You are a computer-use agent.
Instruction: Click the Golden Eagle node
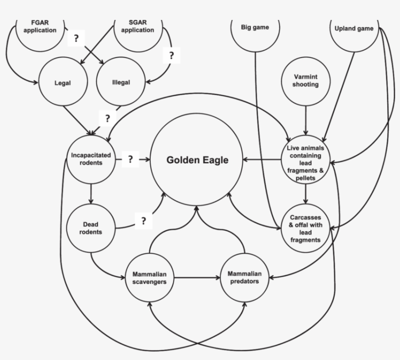pos(197,160)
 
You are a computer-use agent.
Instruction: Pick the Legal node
pos(62,82)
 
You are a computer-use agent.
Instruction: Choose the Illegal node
pos(120,82)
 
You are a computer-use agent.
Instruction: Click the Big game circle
pos(255,28)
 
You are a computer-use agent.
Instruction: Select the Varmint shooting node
pos(306,81)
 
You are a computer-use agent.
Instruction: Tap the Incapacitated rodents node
pos(91,159)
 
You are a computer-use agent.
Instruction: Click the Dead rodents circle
pos(91,228)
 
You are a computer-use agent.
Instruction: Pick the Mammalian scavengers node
pos(149,278)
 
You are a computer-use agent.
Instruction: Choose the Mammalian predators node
pos(244,278)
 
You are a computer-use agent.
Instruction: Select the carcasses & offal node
pos(306,228)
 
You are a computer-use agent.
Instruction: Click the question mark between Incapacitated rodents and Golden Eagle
pos(130,159)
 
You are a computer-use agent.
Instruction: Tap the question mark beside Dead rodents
pos(143,220)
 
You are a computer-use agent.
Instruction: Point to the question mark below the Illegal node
pos(107,118)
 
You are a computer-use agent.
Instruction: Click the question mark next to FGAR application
pos(76,39)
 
